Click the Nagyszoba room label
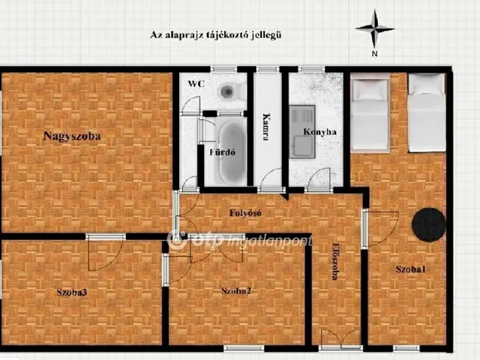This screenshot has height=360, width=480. coord(72,136)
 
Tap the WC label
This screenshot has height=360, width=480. coord(196,83)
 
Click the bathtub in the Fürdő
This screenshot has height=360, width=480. coord(232,152)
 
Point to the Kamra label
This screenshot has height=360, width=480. coord(266,127)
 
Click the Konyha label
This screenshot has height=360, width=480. coord(320,132)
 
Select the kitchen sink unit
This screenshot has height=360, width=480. coord(302,132)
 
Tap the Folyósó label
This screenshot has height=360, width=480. coord(245,213)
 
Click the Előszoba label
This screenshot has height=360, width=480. coord(335,261)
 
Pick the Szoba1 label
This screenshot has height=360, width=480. coord(410,269)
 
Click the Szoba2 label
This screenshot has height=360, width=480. coord(236,291)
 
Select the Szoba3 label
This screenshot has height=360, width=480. coord(72,292)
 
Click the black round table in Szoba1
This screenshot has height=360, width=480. coord(428,225)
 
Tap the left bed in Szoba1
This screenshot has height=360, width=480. coord(370,113)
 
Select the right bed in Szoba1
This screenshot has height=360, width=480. coord(427,112)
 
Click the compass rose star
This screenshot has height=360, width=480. coord(375,28)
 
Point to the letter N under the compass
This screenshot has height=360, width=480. coord(374,54)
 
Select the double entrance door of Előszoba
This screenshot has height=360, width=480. coord(340,339)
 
